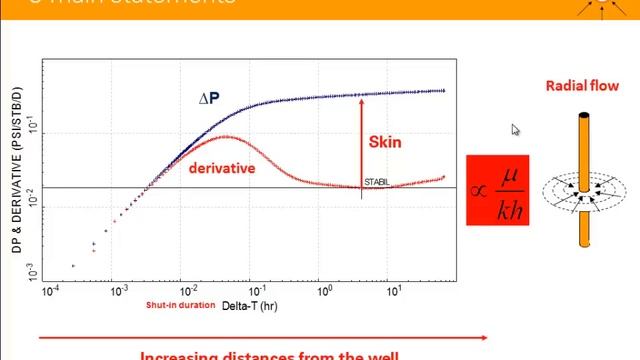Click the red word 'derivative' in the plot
coord(221,168)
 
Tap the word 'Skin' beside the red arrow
coord(385,142)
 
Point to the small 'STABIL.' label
coord(376,182)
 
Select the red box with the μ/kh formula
coord(497,189)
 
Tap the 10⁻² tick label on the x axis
coord(185,293)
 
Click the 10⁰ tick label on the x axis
coord(325,293)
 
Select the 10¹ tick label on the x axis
coord(395,293)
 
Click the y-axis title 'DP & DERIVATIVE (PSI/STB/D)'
coord(17,180)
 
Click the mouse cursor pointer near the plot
coord(516,130)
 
